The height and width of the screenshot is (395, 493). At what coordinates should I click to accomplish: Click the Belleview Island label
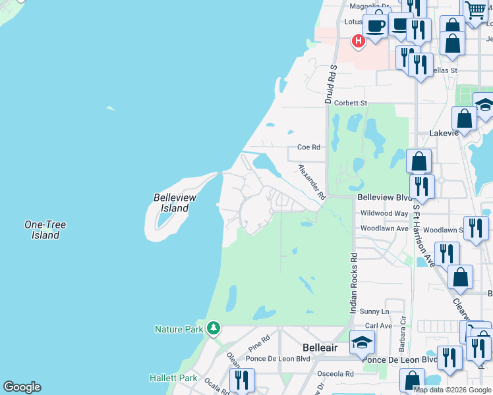coord(171,203)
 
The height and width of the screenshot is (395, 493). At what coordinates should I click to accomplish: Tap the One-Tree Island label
coord(45,230)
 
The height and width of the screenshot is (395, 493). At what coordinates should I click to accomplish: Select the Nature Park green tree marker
coord(213,328)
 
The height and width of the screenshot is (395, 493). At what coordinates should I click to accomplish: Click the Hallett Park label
coord(173,379)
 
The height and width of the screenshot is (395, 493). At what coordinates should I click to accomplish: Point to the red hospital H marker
coord(358,42)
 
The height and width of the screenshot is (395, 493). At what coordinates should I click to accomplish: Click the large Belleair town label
coord(320,347)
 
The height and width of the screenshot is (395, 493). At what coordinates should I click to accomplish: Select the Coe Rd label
coord(308,147)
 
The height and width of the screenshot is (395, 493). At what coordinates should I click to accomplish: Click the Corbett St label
coord(350,103)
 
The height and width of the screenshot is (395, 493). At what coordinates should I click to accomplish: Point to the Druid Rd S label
coord(330,84)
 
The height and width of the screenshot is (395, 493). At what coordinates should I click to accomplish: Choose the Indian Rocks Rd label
coord(353,283)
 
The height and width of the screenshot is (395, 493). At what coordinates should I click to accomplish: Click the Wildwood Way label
coord(384,213)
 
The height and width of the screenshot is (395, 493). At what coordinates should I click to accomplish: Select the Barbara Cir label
coord(401,341)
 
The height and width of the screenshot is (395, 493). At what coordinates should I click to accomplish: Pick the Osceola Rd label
coord(332,374)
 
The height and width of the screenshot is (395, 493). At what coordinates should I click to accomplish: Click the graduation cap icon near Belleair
coord(362,342)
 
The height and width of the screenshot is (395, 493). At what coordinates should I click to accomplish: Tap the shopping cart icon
coord(475,11)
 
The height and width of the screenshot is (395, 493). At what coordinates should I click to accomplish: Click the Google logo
coord(22,387)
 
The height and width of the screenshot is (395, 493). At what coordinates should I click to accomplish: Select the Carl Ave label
coord(379,325)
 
